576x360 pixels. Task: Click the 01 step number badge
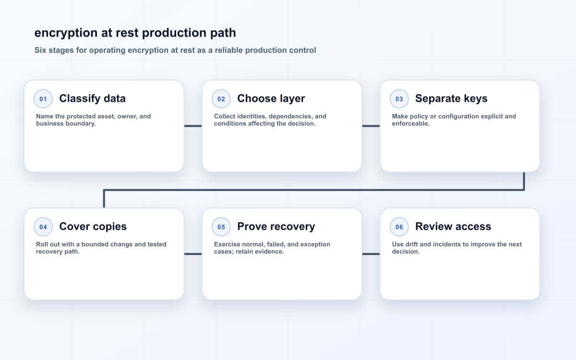pyautogui.click(x=43, y=99)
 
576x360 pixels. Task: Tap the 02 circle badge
pyautogui.click(x=221, y=99)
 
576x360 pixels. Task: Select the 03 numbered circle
pyautogui.click(x=399, y=99)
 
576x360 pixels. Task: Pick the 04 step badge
pyautogui.click(x=43, y=227)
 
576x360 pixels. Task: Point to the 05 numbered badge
pyautogui.click(x=221, y=227)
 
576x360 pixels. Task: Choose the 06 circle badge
pyautogui.click(x=399, y=227)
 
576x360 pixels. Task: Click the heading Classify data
pyautogui.click(x=92, y=98)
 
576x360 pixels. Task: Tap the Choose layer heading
pyautogui.click(x=271, y=98)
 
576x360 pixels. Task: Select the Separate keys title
pyautogui.click(x=451, y=98)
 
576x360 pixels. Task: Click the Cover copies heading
pyautogui.click(x=93, y=226)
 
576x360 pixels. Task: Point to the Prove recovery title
pyautogui.click(x=276, y=226)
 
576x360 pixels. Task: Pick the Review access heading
pyautogui.click(x=453, y=226)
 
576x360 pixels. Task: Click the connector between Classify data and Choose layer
pyautogui.click(x=193, y=126)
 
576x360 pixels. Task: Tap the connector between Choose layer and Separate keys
pyautogui.click(x=371, y=126)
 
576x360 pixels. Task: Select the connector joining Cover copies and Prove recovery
pyautogui.click(x=193, y=254)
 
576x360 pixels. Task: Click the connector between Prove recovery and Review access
pyautogui.click(x=371, y=254)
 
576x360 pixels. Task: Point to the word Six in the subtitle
pyautogui.click(x=40, y=50)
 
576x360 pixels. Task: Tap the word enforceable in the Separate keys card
pyautogui.click(x=410, y=123)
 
